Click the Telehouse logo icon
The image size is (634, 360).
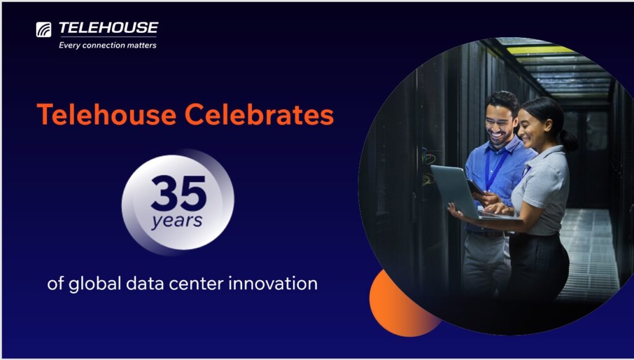pos(43,29)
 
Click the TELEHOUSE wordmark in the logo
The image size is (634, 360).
pos(108,28)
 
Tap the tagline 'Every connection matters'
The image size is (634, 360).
pos(107,45)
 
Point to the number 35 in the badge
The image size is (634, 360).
pos(178,193)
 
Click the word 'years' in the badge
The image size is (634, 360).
pos(178,220)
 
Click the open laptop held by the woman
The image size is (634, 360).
pos(458,192)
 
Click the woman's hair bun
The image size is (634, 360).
pos(568,141)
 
